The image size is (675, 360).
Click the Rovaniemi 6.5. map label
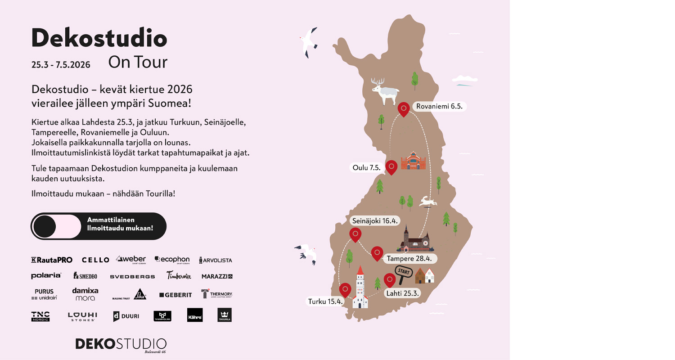439,107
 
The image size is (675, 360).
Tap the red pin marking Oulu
391,167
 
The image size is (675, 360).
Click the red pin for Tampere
377,253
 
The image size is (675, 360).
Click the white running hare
428,202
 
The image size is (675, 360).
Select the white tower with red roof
360,288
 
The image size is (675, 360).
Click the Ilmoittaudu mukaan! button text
120,228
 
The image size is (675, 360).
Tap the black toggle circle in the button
45,226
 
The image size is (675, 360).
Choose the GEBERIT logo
175,295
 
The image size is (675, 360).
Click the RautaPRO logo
52,260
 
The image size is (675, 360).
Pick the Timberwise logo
179,276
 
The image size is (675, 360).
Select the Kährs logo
195,315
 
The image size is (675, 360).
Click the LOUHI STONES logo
82,316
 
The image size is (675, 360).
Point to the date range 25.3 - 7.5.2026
61,65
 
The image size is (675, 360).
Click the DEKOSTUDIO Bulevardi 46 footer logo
121,345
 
